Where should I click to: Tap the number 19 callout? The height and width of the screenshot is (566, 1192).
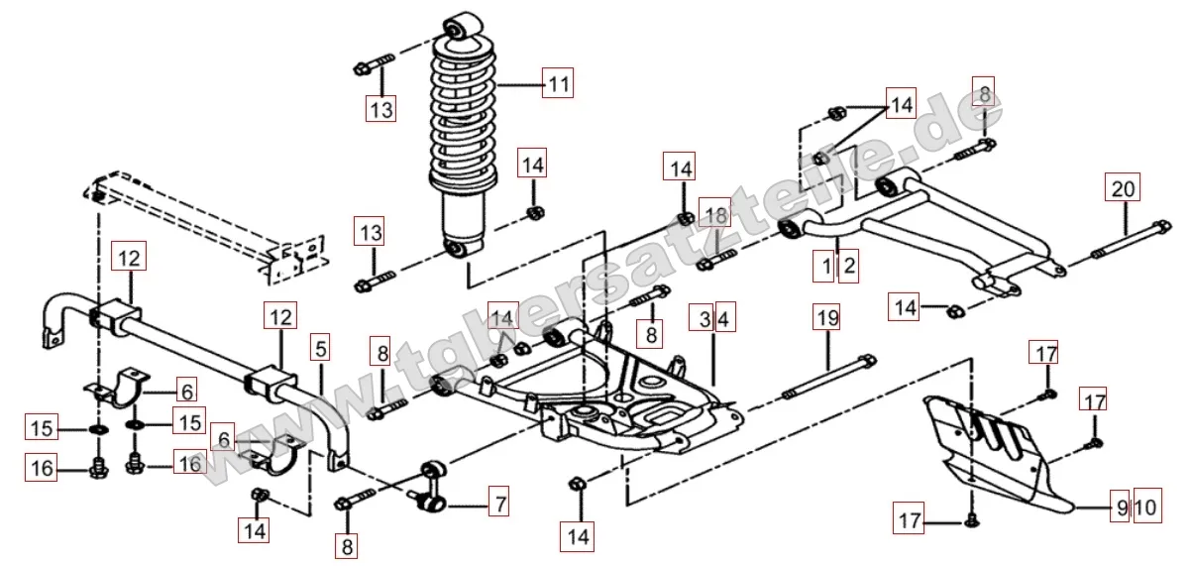(827, 318)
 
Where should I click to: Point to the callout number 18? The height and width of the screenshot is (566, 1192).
(714, 216)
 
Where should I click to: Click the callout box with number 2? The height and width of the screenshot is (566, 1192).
(847, 266)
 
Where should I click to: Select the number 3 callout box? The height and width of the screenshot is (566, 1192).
(704, 320)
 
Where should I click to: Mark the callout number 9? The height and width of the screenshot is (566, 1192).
(1121, 509)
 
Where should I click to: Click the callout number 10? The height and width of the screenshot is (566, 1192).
(1144, 509)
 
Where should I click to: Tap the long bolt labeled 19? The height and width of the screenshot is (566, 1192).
(828, 378)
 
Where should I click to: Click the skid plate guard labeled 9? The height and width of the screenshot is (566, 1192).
(1001, 456)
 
